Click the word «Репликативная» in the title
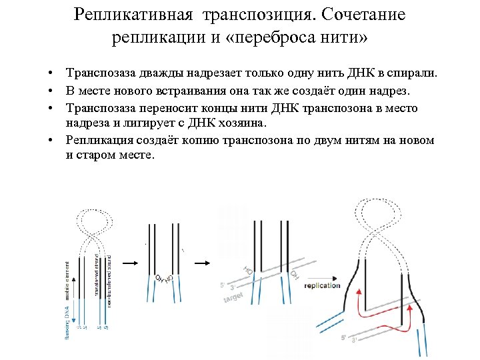(x=123, y=15)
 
